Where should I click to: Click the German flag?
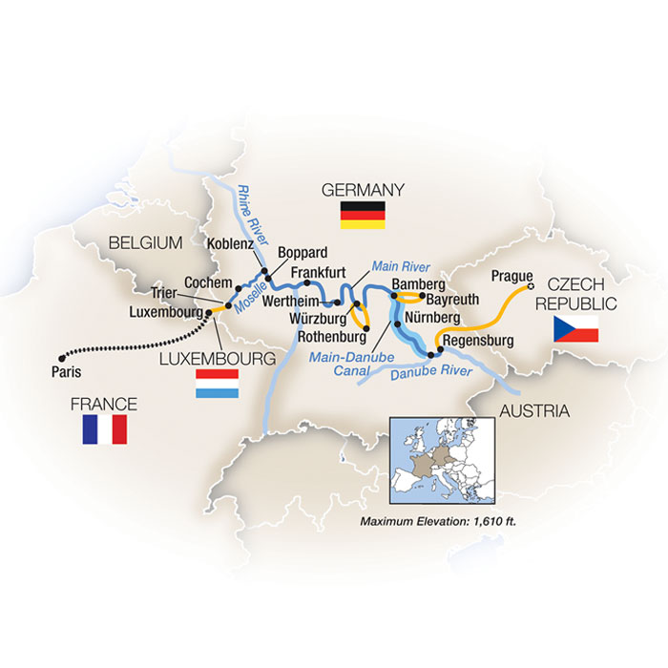363,215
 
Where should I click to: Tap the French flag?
105,429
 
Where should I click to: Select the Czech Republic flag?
575,329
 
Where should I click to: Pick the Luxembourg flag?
217,385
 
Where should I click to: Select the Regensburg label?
479,340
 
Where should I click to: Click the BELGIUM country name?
145,243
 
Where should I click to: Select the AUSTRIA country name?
532,411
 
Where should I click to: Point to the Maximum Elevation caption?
447,523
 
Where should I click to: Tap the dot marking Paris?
59,351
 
